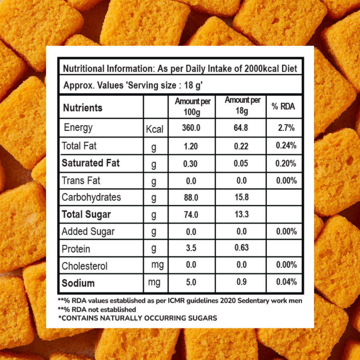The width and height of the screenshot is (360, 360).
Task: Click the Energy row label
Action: click(78, 128)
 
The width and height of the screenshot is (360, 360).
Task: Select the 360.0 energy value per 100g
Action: click(192, 128)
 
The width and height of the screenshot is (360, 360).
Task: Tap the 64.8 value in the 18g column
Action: click(241, 128)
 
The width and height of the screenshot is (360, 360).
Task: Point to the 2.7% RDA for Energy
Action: click(286, 128)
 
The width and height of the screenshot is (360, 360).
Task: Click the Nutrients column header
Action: click(83, 108)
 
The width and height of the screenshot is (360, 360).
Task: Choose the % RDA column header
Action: click(283, 106)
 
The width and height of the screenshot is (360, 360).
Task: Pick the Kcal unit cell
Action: click(155, 129)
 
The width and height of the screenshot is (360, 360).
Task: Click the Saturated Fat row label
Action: click(90, 163)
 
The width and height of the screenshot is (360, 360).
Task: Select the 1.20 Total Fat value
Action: click(191, 146)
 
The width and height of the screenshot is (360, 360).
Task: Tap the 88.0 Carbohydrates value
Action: click(191, 198)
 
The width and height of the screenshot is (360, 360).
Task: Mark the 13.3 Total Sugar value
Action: click(241, 214)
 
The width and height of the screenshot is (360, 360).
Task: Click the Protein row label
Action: click(76, 249)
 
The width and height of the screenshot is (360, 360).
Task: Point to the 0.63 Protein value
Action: click(241, 248)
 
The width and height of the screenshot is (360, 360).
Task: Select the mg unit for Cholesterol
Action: click(157, 265)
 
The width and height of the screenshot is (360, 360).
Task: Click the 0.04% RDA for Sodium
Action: click(286, 282)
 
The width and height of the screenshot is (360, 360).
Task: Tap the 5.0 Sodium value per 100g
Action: click(191, 282)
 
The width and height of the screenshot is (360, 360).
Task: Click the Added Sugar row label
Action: click(88, 232)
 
